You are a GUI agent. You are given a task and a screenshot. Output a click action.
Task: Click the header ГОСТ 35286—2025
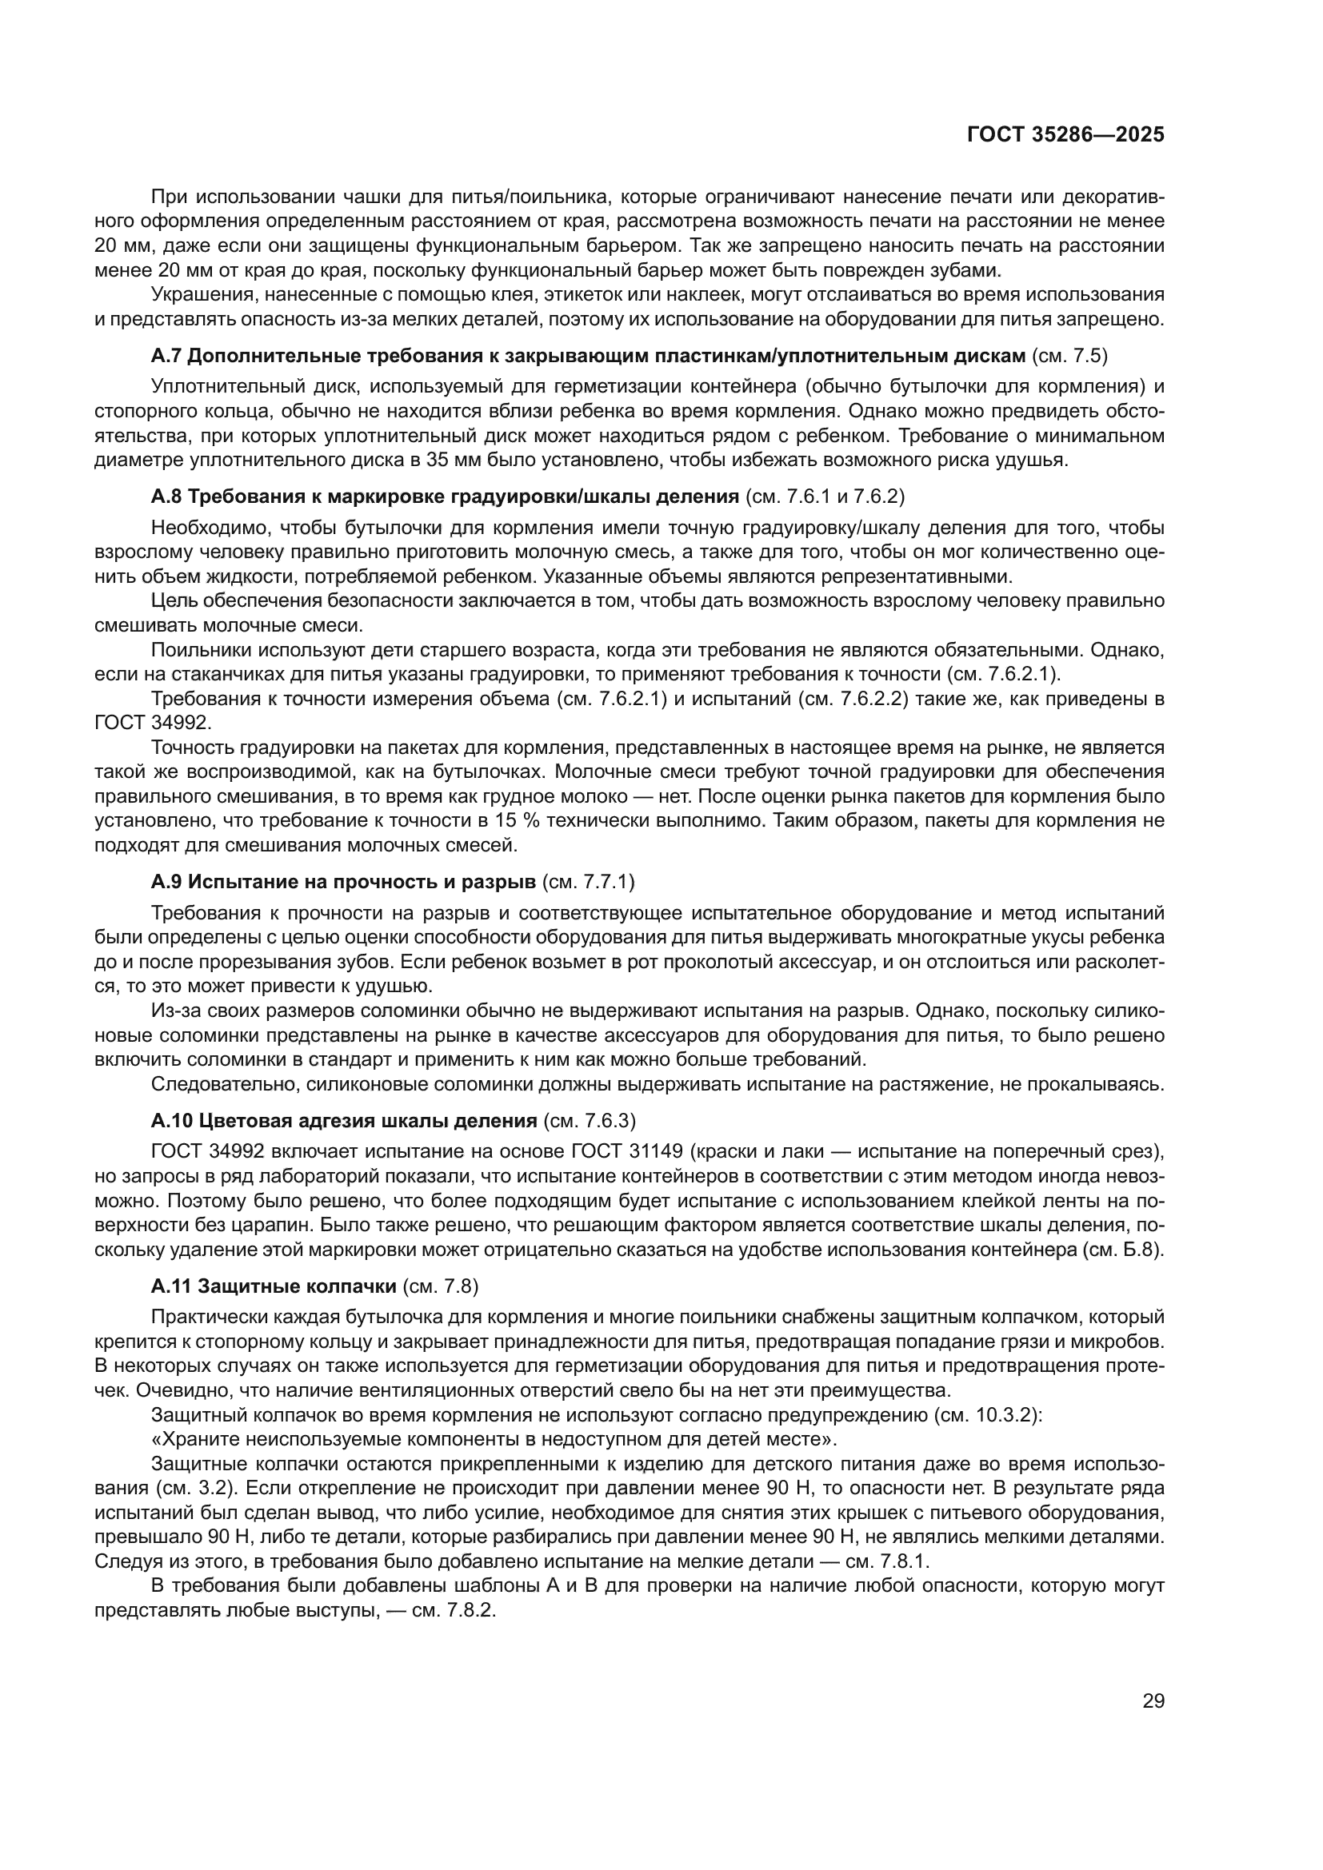point(1065,134)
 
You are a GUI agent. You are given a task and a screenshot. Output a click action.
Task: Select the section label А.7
point(169,356)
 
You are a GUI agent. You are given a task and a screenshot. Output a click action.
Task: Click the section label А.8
point(169,496)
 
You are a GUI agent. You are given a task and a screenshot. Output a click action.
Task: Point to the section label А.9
point(169,881)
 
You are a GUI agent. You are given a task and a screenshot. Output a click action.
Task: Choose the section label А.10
point(172,1121)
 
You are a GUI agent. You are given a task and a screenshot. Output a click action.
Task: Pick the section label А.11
point(172,1286)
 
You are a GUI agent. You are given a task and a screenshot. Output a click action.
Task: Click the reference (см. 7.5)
point(1069,356)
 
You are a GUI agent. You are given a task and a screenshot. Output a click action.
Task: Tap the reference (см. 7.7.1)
point(588,881)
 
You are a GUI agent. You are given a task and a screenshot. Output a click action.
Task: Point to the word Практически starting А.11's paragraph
point(206,1317)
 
